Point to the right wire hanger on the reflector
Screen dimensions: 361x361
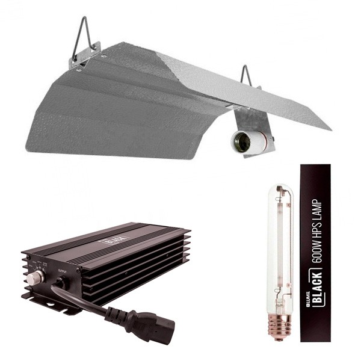245,75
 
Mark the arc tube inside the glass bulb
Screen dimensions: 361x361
279,241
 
